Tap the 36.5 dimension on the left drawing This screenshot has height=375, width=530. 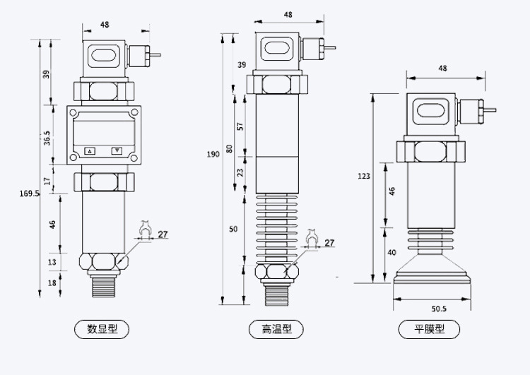[x=47, y=138]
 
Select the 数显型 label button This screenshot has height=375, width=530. [x=102, y=328]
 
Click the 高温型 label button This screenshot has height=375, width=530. [x=276, y=328]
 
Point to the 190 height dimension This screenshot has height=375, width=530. [x=213, y=154]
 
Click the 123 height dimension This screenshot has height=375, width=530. [x=363, y=177]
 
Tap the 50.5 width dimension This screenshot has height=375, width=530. [x=439, y=308]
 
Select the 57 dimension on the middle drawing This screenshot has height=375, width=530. [x=240, y=127]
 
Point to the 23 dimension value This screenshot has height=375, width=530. [x=240, y=172]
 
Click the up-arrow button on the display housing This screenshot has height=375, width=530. [x=90, y=150]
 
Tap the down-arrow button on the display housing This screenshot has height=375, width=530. [x=117, y=150]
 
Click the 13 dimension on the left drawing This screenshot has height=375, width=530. [x=52, y=262]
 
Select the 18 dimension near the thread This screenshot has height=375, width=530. [x=52, y=282]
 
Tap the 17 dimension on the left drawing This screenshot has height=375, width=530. [x=47, y=181]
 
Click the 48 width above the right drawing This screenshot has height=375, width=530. [x=443, y=69]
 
